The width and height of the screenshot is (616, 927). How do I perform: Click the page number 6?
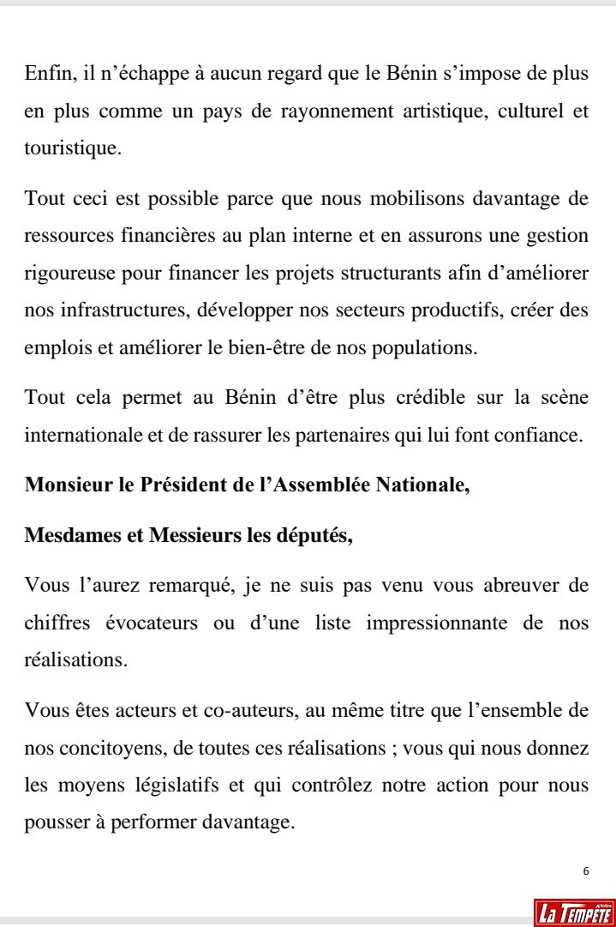[x=585, y=871]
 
